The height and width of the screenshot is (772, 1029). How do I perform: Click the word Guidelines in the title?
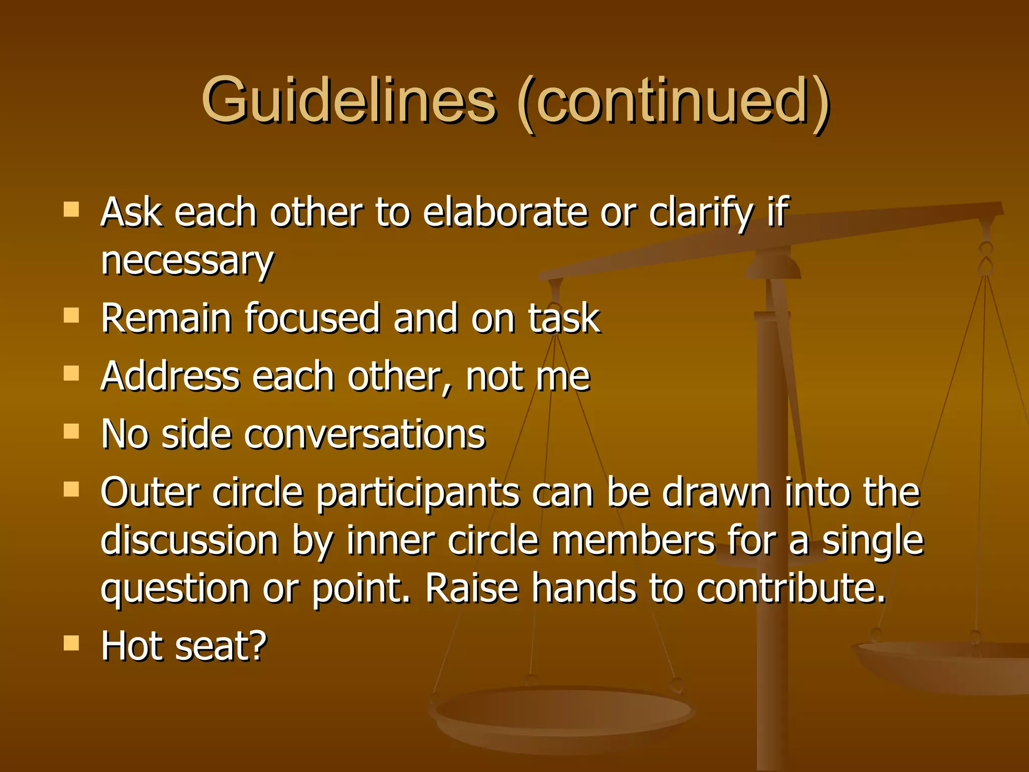(x=349, y=101)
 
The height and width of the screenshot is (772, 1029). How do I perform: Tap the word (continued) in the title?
(x=673, y=103)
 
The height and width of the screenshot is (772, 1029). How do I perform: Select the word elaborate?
(x=504, y=212)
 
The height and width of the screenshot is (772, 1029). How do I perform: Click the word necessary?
(x=187, y=261)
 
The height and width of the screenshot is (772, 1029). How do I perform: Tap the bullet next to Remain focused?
(x=71, y=316)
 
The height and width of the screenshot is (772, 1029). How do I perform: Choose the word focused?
(x=312, y=318)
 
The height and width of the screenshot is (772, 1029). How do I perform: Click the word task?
(x=564, y=318)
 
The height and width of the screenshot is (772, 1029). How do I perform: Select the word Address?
(x=170, y=376)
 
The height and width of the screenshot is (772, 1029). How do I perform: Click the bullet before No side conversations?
(x=71, y=431)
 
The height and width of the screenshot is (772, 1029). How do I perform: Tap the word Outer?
(x=150, y=493)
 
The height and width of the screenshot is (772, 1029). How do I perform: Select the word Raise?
(x=472, y=589)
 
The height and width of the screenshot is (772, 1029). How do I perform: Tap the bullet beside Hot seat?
(x=71, y=643)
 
